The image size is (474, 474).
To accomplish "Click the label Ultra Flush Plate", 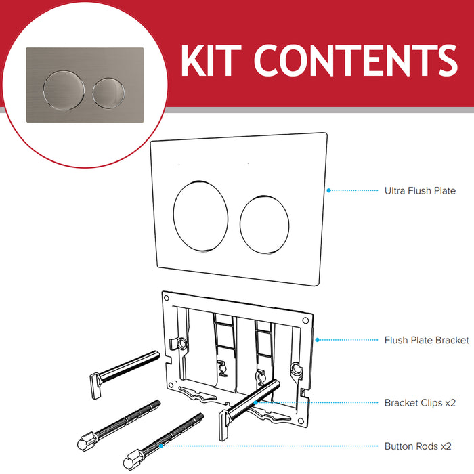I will (x=419, y=191).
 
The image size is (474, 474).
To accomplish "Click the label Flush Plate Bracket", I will (x=426, y=340).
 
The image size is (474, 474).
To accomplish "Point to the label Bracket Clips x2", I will (x=420, y=402).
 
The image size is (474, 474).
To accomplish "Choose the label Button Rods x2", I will (x=418, y=446).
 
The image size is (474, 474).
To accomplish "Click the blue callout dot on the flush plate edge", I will (x=328, y=190).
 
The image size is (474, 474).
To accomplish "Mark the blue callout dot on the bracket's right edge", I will (x=316, y=340).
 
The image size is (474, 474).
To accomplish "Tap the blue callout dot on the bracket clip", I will (x=256, y=402).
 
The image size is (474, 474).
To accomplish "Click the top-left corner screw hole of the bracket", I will (x=165, y=297).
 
